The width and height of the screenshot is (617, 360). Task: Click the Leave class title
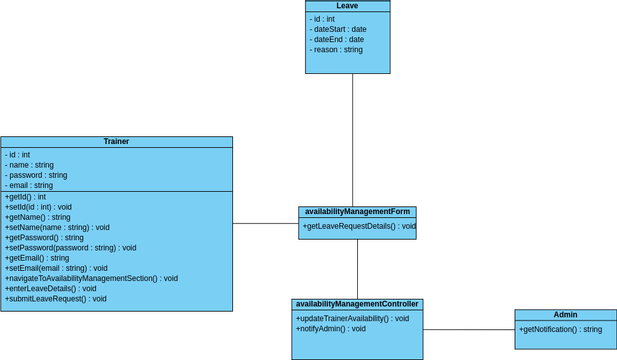tap(347, 6)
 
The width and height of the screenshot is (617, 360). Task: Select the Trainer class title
tap(116, 142)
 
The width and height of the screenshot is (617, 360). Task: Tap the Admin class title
tap(565, 315)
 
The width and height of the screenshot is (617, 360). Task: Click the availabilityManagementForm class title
tap(357, 212)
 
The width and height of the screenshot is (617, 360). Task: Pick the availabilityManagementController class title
tap(357, 304)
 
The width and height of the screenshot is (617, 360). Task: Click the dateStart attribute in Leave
tap(338, 29)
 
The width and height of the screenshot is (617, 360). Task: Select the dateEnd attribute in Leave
tap(337, 39)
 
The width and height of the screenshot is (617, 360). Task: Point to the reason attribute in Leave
tap(336, 49)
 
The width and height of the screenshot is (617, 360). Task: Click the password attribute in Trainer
tap(36, 175)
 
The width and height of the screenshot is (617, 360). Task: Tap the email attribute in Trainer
tap(29, 185)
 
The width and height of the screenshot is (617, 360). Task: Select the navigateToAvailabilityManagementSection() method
tap(91, 278)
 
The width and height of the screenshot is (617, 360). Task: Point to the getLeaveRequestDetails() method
tap(359, 226)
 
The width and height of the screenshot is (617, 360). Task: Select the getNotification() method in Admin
tap(560, 329)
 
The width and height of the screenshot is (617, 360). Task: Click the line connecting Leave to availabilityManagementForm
tap(352, 140)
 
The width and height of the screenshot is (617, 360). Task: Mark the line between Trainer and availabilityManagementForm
tap(265, 223)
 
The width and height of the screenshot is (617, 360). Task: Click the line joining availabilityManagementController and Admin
tap(468, 329)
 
